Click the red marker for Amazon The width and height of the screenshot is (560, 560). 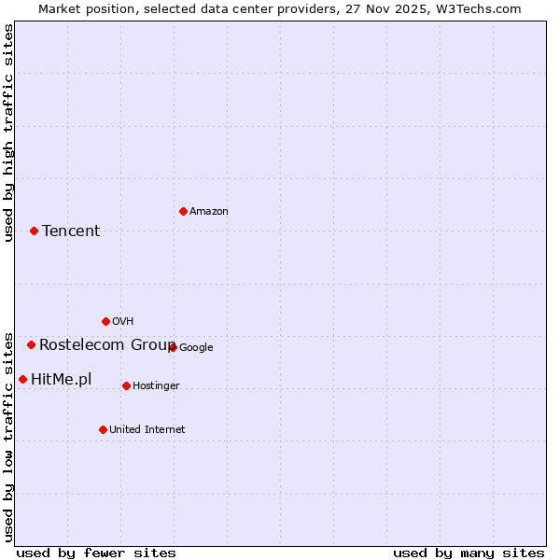183,211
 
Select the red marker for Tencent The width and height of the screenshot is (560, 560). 34,231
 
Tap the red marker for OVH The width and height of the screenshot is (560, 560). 105,321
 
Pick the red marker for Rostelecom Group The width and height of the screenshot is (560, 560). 31,344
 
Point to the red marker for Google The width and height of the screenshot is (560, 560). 173,347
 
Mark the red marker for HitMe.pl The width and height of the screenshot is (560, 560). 22,379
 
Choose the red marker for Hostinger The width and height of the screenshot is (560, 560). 126,385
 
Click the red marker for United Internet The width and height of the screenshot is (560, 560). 103,429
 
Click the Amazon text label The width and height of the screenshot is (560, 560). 209,212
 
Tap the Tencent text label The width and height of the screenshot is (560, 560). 71,231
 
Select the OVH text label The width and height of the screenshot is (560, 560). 122,322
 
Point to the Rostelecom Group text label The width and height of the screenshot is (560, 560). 106,344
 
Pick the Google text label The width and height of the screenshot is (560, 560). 196,348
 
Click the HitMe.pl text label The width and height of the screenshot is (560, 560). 62,379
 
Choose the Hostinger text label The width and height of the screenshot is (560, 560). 156,386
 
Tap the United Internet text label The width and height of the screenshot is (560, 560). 147,430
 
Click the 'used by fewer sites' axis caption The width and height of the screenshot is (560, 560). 96,553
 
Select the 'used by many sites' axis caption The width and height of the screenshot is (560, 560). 469,553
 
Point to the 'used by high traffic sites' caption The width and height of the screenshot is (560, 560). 9,133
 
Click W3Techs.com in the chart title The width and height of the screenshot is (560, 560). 477,8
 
